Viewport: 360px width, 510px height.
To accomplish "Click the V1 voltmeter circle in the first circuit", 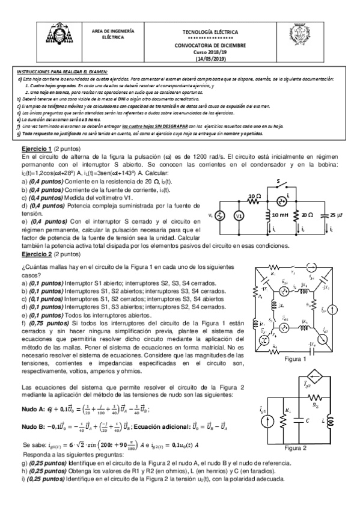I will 239,217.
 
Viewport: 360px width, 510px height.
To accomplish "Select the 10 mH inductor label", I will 281,215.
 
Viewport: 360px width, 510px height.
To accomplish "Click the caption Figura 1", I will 296,359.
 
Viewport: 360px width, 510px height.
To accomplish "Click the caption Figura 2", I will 296,447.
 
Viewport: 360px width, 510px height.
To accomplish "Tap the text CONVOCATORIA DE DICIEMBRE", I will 210,45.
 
